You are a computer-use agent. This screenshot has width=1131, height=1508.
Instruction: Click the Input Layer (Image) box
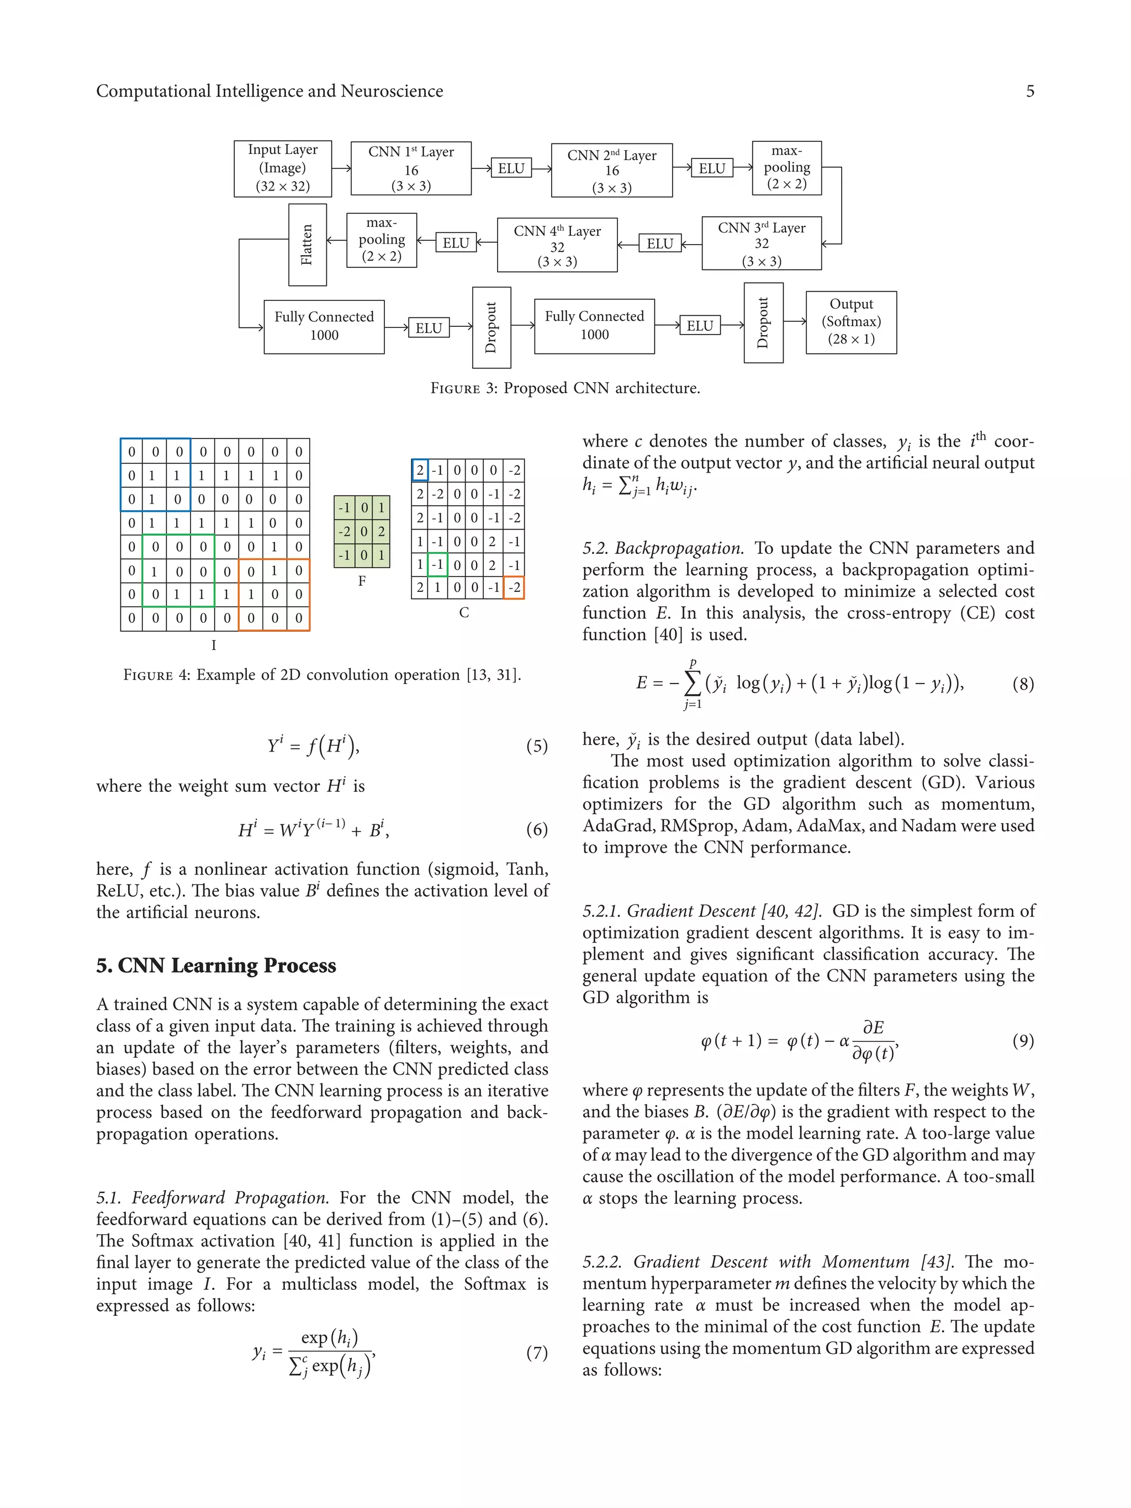pos(282,168)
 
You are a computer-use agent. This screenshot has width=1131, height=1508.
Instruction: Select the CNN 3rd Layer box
pos(761,244)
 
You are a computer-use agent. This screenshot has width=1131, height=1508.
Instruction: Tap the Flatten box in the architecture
pos(308,245)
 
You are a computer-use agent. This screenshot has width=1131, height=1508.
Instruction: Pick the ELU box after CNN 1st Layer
pos(511,168)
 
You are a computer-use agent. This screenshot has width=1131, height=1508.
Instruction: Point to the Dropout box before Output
pos(763,322)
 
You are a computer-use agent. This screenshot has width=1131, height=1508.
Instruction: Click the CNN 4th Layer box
pos(557,245)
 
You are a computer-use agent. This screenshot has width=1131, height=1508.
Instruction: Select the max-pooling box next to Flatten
pos(381,240)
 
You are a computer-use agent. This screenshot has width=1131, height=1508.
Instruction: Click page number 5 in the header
pos(1029,91)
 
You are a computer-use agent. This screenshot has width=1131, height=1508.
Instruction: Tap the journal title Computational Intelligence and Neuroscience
pos(269,91)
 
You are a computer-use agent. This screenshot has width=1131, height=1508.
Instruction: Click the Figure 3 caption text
pos(565,388)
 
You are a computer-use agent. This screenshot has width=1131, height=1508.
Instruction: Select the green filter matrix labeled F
pos(362,531)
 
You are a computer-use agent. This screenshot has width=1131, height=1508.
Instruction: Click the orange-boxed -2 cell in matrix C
pos(514,588)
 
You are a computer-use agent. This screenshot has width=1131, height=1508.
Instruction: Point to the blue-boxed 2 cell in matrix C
pos(420,470)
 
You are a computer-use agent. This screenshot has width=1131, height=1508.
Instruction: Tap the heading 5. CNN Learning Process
pos(216,965)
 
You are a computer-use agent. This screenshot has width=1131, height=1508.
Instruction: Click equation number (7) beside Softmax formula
pos(537,1353)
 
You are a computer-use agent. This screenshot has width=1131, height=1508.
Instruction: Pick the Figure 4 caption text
pos(322,675)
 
